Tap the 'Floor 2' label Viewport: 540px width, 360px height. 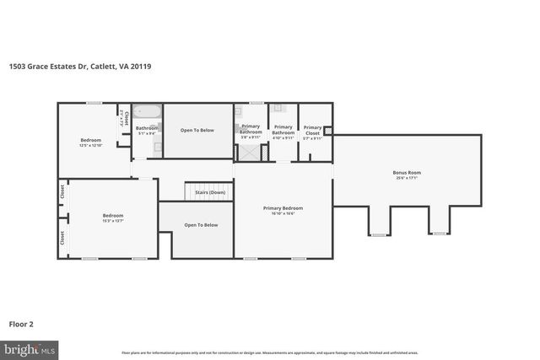[21, 323]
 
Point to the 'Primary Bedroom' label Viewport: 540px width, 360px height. [283, 208]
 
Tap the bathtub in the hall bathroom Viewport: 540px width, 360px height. [147, 112]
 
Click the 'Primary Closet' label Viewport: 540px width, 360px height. [311, 130]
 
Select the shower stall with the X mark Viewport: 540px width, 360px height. [251, 152]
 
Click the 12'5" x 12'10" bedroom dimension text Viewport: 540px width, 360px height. [90, 145]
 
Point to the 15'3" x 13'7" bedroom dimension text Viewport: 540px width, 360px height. [113, 221]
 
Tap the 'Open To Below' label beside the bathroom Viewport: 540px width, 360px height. [197, 131]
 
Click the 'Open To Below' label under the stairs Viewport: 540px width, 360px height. [201, 225]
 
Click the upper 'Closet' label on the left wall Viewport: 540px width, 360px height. [62, 191]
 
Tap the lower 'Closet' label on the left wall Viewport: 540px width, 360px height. [62, 239]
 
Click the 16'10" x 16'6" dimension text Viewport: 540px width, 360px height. [283, 213]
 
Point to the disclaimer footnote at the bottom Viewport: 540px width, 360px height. [269, 352]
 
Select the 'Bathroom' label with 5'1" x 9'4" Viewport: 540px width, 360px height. [147, 128]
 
